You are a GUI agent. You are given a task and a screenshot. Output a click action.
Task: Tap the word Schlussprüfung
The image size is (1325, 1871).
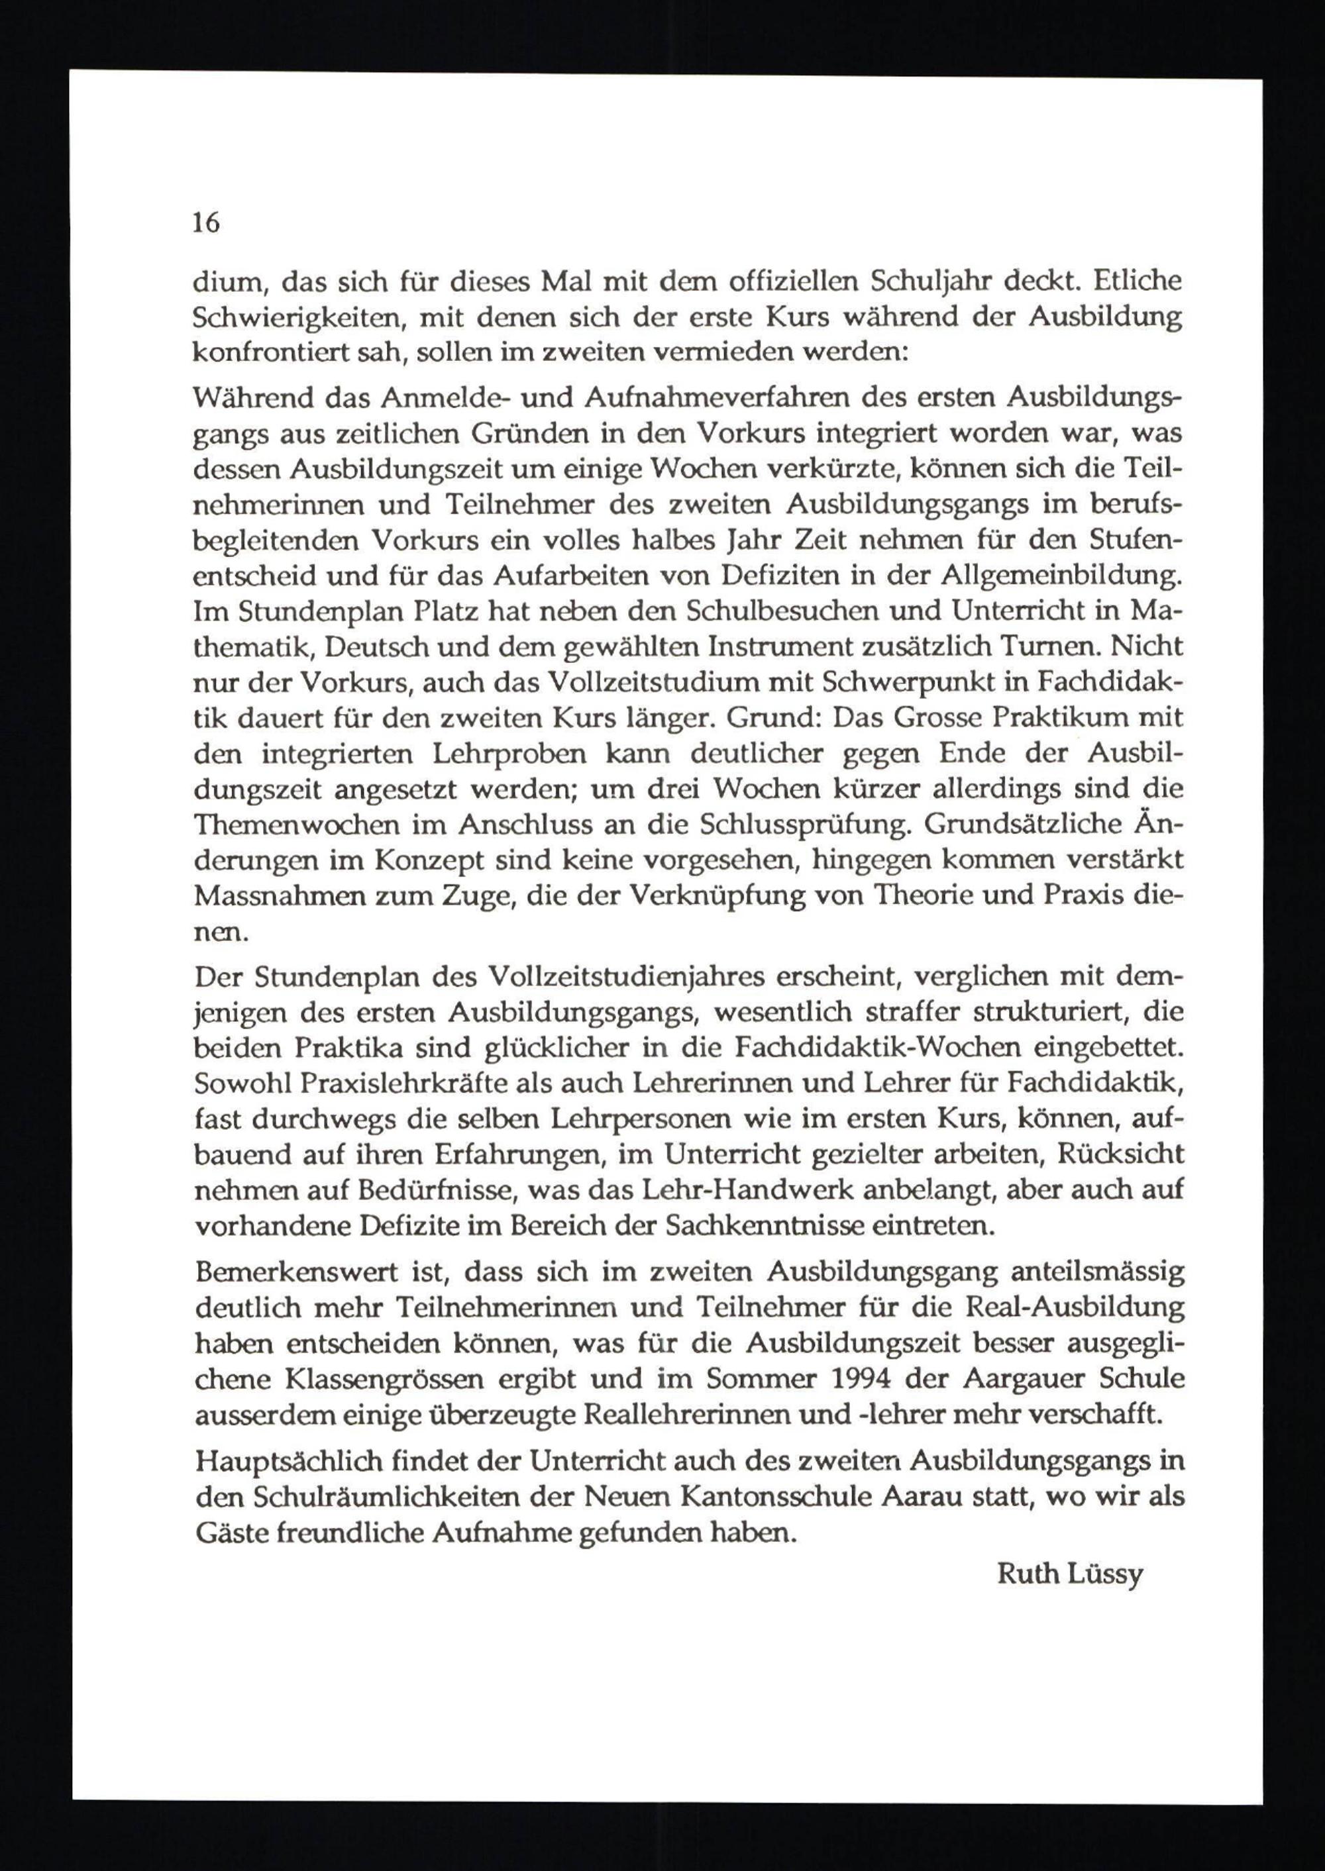pyautogui.click(x=804, y=825)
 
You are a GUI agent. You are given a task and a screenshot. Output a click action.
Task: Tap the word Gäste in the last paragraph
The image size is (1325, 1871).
pyautogui.click(x=230, y=1533)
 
